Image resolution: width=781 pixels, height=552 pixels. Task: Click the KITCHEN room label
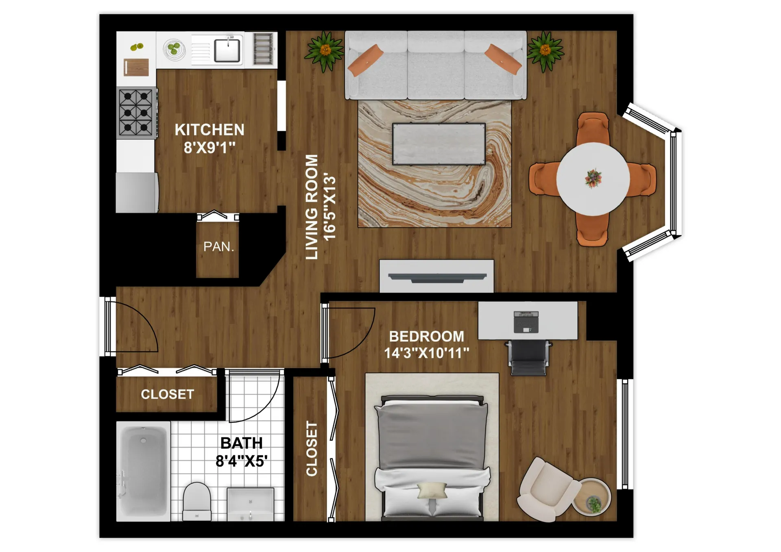[x=209, y=130]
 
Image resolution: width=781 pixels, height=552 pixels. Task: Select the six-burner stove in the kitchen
[x=136, y=113]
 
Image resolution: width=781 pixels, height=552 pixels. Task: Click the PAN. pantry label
[x=218, y=247]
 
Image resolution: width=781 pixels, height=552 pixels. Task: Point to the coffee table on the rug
[x=438, y=144]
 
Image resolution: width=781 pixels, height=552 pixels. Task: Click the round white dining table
[x=593, y=179]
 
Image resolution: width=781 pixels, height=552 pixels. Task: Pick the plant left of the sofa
[x=325, y=51]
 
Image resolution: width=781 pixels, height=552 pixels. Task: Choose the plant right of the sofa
[x=545, y=51]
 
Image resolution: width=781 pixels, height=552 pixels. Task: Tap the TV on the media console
[x=437, y=278]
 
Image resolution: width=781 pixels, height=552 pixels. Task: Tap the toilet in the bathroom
[x=197, y=501]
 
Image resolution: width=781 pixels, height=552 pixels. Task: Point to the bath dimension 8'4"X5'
[x=241, y=461]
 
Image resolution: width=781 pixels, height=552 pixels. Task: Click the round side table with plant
[x=592, y=497]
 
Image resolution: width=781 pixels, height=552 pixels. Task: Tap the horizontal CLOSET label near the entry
[x=167, y=394]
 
